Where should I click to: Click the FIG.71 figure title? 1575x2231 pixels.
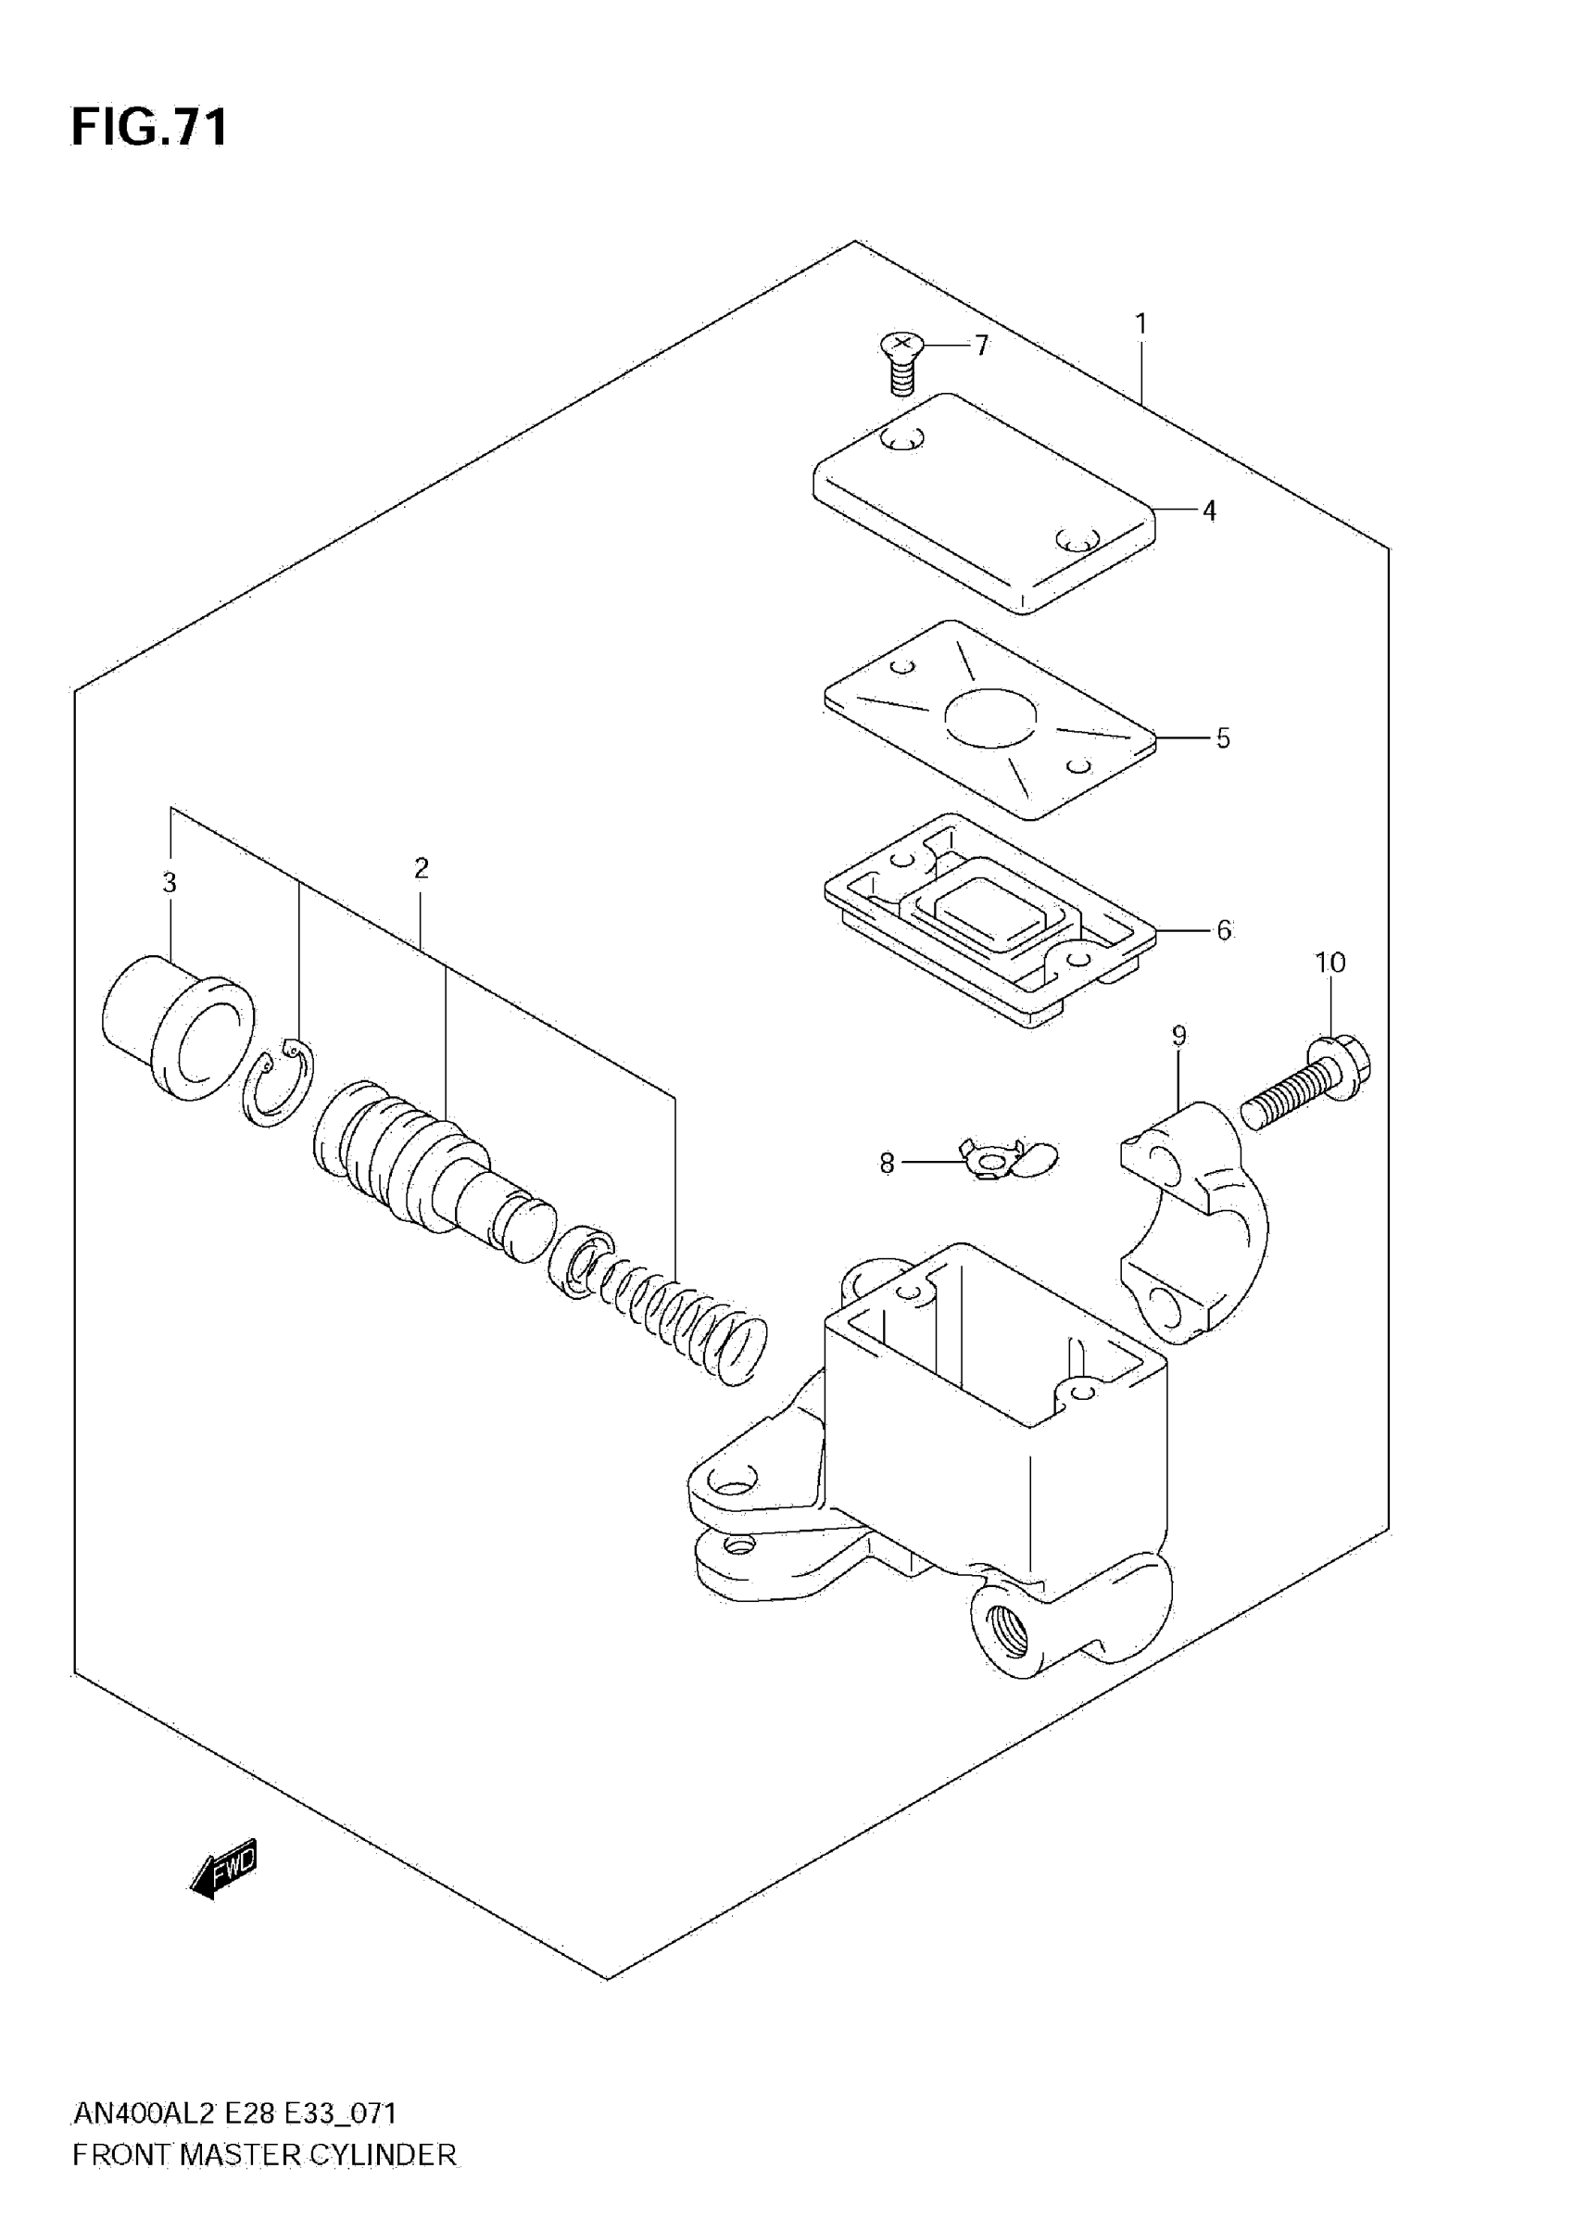150,128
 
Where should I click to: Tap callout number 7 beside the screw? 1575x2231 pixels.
981,346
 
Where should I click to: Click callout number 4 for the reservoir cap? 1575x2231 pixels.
1210,511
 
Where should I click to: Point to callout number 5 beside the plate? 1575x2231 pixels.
1222,738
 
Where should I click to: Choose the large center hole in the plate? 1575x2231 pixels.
990,718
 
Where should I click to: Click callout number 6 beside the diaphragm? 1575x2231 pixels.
1223,930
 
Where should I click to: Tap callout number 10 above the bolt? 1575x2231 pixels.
1330,963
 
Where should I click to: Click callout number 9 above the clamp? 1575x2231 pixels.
1179,1036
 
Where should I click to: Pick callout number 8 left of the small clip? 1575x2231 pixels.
887,1162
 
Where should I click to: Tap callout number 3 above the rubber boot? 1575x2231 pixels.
170,883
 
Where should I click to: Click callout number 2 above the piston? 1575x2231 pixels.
421,869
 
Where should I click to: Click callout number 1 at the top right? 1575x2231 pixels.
1141,323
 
